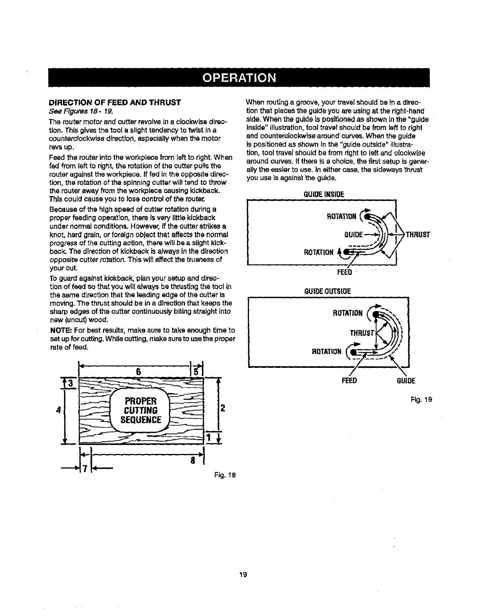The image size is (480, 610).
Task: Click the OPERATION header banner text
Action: [x=240, y=78]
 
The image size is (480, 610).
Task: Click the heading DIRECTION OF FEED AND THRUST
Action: [x=115, y=103]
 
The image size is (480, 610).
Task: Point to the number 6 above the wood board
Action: [x=138, y=372]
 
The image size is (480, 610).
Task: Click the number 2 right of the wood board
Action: [x=222, y=408]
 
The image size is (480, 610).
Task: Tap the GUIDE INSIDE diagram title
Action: [x=323, y=194]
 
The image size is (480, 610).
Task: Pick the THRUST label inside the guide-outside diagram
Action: [x=362, y=333]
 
